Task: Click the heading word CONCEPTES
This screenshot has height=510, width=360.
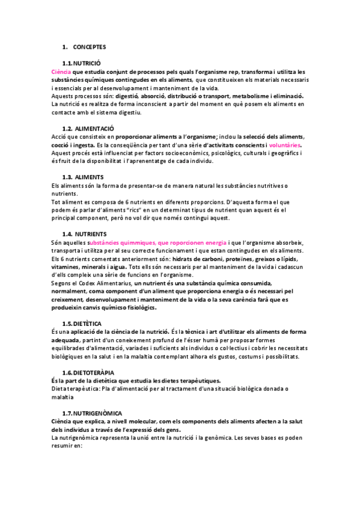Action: tap(91, 46)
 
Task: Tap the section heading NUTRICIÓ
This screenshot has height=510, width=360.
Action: tap(87, 63)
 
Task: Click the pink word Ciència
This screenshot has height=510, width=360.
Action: tap(62, 71)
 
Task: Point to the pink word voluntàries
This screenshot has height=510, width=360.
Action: tap(285, 145)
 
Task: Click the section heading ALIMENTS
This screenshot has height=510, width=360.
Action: tap(90, 177)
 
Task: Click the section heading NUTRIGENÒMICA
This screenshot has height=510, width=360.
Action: tap(98, 414)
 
